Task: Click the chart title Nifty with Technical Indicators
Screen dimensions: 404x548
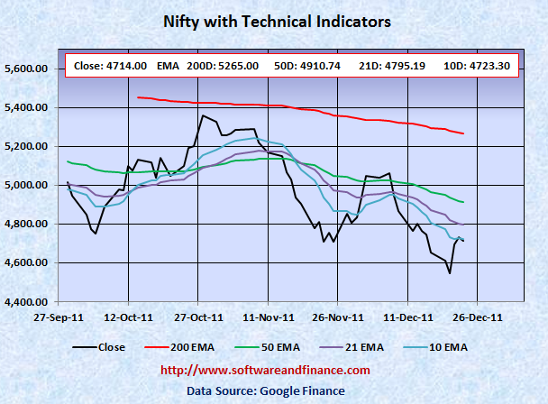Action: point(276,21)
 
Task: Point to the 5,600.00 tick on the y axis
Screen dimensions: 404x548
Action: point(28,69)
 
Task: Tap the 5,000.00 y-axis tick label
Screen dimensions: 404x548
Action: point(28,185)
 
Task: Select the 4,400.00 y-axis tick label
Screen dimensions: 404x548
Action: point(28,301)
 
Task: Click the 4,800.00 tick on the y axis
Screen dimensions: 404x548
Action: point(28,224)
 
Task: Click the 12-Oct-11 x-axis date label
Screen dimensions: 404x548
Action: point(127,317)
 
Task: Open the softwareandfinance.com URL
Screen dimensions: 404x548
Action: point(276,371)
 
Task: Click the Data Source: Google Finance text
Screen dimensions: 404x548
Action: point(276,390)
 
